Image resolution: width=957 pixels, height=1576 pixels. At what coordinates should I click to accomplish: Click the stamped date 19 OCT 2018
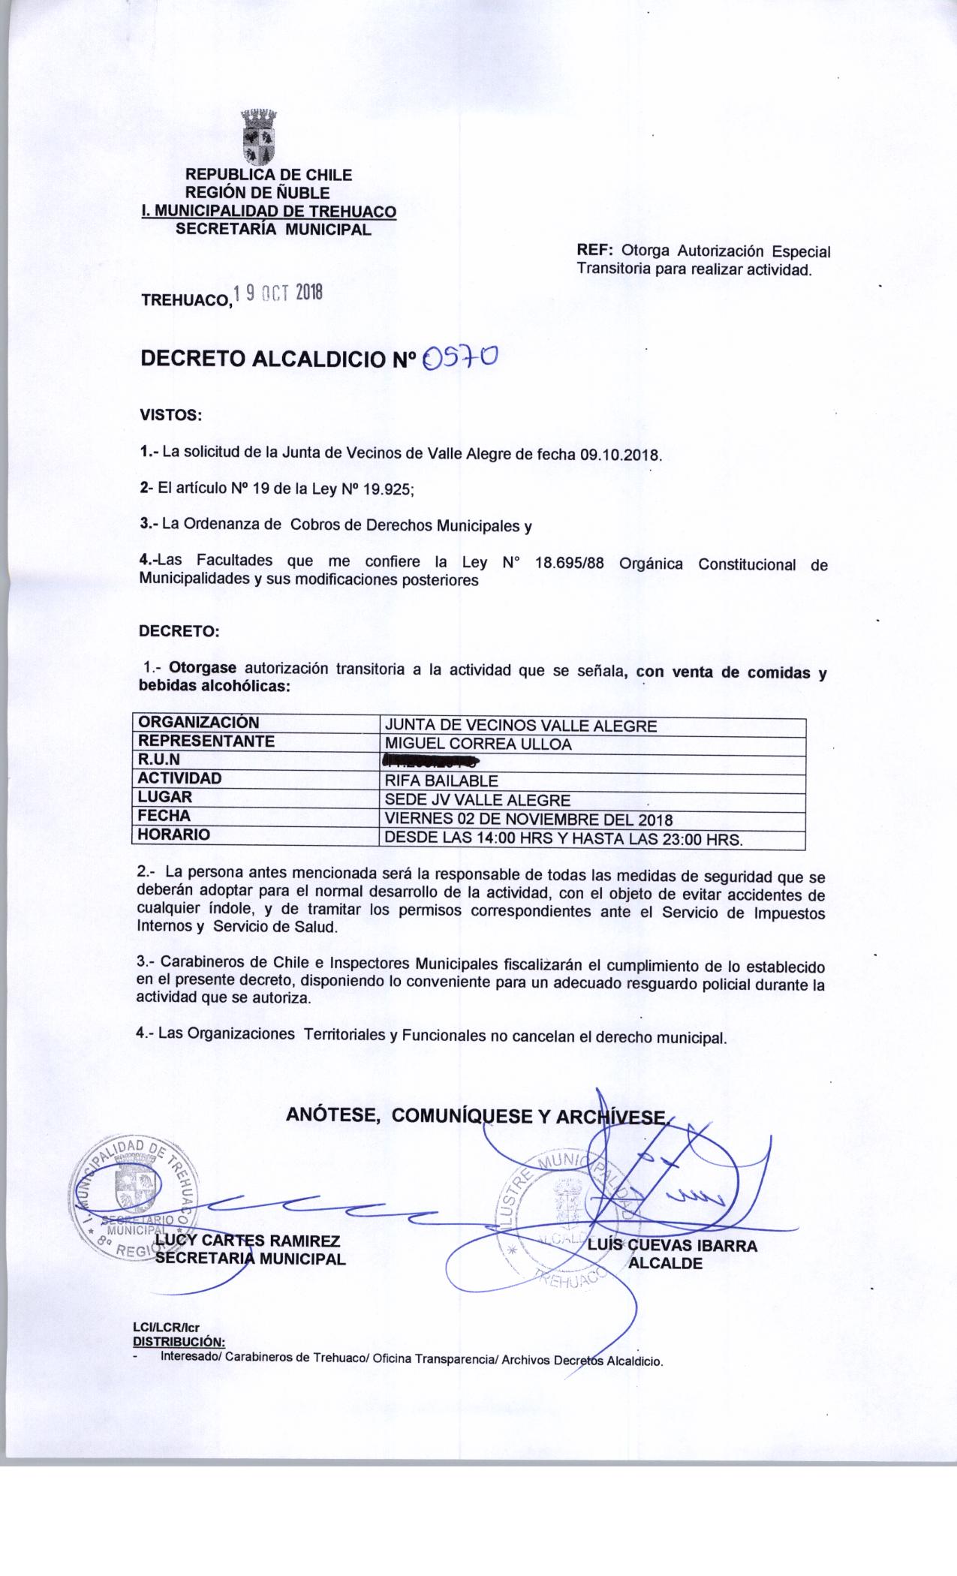pos(278,293)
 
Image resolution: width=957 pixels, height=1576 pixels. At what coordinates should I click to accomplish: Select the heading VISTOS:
pos(170,414)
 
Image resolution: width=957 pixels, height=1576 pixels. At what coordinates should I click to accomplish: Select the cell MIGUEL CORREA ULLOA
pos(477,744)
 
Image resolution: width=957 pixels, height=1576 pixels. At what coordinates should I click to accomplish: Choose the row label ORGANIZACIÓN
pos(198,723)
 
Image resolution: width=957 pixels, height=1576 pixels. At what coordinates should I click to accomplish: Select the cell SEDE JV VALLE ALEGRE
pos(477,800)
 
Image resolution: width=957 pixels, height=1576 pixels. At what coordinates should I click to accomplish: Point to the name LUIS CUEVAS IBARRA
pos(673,1246)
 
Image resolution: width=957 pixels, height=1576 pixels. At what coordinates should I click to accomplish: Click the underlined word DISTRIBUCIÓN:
pos(178,1341)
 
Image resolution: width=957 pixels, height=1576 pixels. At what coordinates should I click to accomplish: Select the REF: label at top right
pos(595,250)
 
